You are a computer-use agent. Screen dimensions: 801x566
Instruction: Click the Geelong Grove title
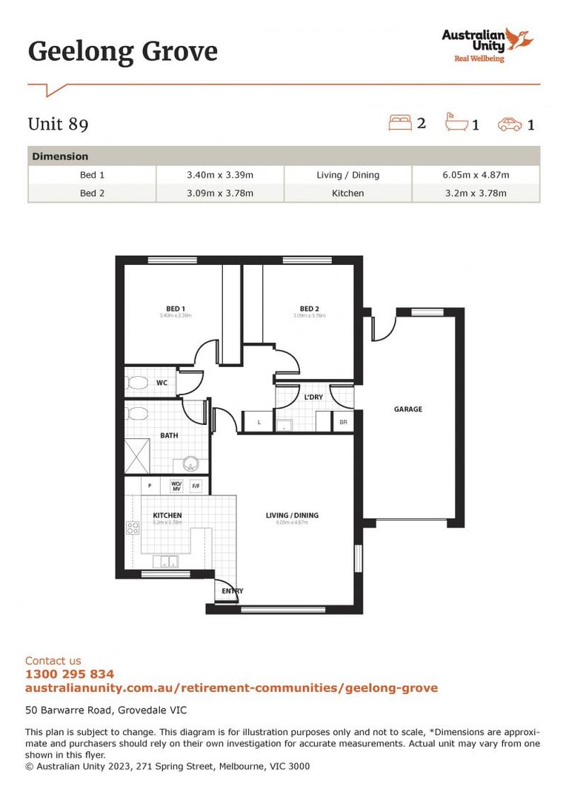click(x=123, y=52)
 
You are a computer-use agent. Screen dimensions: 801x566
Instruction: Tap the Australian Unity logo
click(x=487, y=44)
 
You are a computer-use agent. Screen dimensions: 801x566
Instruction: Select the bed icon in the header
click(x=400, y=122)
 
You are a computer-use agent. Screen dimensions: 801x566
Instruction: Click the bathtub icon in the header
click(x=456, y=122)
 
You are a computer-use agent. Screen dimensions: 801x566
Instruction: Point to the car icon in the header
click(x=510, y=124)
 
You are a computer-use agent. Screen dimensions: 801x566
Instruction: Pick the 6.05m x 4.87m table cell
click(x=476, y=175)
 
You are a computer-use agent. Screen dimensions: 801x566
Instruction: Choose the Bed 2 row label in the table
click(x=92, y=193)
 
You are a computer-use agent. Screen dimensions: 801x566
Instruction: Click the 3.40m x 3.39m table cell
click(x=220, y=175)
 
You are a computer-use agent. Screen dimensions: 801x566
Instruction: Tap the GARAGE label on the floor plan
click(x=407, y=409)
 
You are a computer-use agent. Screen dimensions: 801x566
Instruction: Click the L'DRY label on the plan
click(x=313, y=398)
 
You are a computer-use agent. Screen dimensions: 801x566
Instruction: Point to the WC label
click(x=162, y=383)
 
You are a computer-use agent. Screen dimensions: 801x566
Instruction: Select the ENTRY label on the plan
click(x=232, y=591)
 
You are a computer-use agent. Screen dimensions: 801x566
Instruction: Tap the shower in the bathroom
click(x=138, y=456)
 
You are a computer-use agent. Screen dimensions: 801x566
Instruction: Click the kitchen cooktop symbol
click(x=133, y=528)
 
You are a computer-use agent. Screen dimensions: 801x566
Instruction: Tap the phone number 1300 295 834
click(x=70, y=674)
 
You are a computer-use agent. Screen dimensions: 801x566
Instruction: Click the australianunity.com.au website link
click(x=231, y=688)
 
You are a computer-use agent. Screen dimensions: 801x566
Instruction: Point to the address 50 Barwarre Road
click(x=106, y=710)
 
